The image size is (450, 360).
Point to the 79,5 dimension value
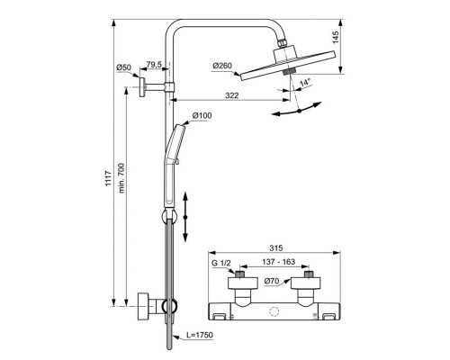[x=154, y=65]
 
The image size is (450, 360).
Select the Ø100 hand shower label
[x=202, y=117]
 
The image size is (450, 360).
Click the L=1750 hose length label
[x=207, y=335]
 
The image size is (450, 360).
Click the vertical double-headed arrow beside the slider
[x=186, y=217]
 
